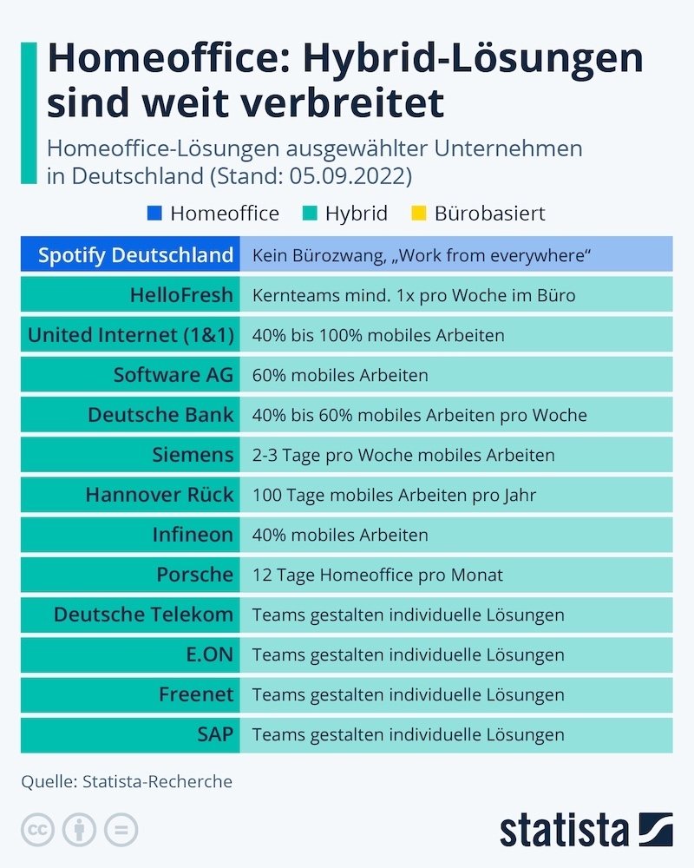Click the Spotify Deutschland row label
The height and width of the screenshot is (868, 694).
point(135,255)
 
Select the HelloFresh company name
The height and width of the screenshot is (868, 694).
point(181,295)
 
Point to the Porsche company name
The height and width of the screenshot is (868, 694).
point(195,575)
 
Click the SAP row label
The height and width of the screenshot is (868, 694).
point(214,734)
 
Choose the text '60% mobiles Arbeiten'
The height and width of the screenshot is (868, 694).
point(340,376)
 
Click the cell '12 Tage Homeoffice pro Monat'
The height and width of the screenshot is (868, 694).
point(377,575)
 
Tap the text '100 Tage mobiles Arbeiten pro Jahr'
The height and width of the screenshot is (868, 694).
point(394,496)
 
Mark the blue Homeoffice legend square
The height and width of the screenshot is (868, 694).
point(155,214)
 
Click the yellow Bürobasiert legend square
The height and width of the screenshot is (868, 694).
point(420,214)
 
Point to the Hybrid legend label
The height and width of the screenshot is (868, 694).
point(356,214)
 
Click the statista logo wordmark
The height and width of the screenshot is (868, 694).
point(564,829)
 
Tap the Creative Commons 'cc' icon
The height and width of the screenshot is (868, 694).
point(37,829)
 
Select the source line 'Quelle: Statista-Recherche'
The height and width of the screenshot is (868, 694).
point(127,782)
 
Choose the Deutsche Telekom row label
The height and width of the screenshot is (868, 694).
point(143,615)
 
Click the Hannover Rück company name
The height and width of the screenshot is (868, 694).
point(160,495)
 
